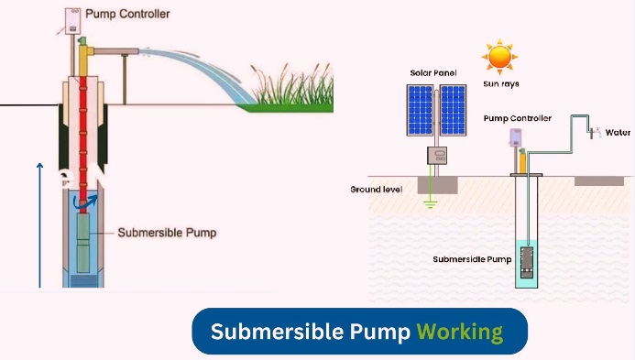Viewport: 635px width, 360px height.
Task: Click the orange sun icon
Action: (x=499, y=57)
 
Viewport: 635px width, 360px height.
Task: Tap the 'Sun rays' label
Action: (x=499, y=83)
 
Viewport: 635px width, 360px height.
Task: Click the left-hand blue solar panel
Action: (x=421, y=108)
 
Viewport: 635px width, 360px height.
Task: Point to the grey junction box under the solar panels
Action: (x=436, y=156)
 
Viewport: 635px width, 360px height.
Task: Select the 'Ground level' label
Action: (x=377, y=190)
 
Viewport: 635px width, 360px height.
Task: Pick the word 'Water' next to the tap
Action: (x=618, y=133)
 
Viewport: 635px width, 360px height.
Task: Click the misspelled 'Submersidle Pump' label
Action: (x=472, y=259)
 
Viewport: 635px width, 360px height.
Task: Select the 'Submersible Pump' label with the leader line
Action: (x=168, y=233)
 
